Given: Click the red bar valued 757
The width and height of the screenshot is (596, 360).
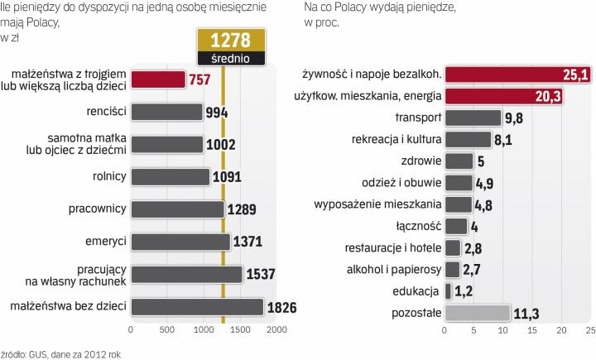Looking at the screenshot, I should click(x=158, y=79).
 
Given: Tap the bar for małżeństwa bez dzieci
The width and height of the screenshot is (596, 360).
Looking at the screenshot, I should click(x=197, y=306).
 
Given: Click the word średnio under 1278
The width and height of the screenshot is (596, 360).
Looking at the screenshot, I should click(x=231, y=58).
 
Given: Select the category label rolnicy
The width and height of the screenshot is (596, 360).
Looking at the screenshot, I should click(x=108, y=176).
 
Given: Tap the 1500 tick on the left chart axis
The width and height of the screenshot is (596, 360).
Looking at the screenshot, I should click(x=240, y=329).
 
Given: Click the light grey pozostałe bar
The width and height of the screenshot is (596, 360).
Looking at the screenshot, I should click(x=478, y=312).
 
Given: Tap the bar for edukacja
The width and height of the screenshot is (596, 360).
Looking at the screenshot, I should click(x=448, y=290).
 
